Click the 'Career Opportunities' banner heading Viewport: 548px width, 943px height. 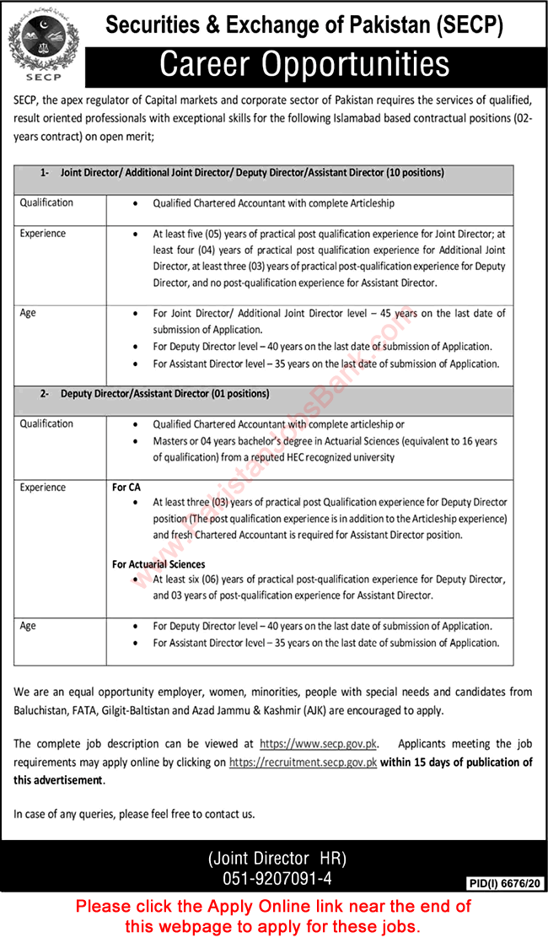pyautogui.click(x=304, y=64)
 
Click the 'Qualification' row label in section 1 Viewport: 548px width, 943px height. pyautogui.click(x=46, y=202)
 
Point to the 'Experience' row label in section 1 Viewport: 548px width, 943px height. pyautogui.click(x=43, y=234)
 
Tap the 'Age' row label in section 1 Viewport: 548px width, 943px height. pyautogui.click(x=28, y=313)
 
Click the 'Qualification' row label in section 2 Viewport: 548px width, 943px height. pyautogui.click(x=46, y=423)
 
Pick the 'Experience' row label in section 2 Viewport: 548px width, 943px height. pyautogui.click(x=43, y=488)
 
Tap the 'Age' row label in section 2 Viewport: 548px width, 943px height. pyautogui.click(x=28, y=626)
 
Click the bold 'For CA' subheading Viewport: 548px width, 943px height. pyautogui.click(x=126, y=488)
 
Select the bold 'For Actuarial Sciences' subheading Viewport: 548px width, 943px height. pyautogui.click(x=158, y=564)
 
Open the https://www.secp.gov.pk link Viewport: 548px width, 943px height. pyautogui.click(x=319, y=744)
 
